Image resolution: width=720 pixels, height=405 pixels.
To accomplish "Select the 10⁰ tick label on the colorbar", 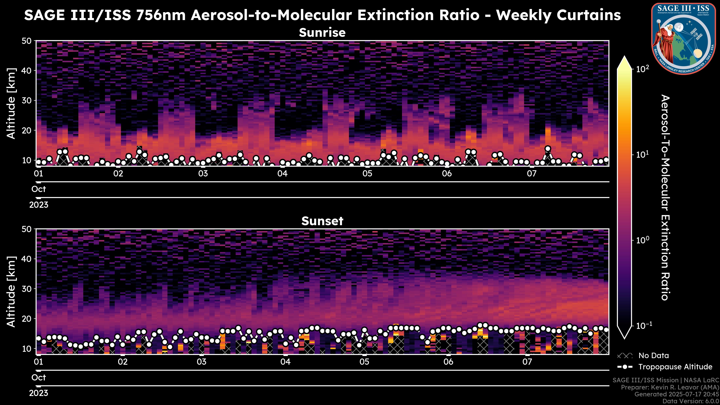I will pyautogui.click(x=643, y=240).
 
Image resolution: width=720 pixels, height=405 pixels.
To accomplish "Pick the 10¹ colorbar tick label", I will pyautogui.click(x=643, y=154).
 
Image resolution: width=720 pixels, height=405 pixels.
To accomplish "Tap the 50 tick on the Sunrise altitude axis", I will pyautogui.click(x=27, y=41).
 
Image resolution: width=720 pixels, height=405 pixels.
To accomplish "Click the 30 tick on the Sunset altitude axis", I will pyautogui.click(x=27, y=289).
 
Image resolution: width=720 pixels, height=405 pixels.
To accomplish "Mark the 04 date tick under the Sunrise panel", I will pyautogui.click(x=282, y=174).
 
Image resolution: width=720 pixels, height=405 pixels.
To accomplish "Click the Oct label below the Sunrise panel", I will pyautogui.click(x=39, y=189).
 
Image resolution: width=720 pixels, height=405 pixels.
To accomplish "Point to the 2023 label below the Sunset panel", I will pyautogui.click(x=39, y=393).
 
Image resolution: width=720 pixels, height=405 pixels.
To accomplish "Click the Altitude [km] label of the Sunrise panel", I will pyautogui.click(x=11, y=103).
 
